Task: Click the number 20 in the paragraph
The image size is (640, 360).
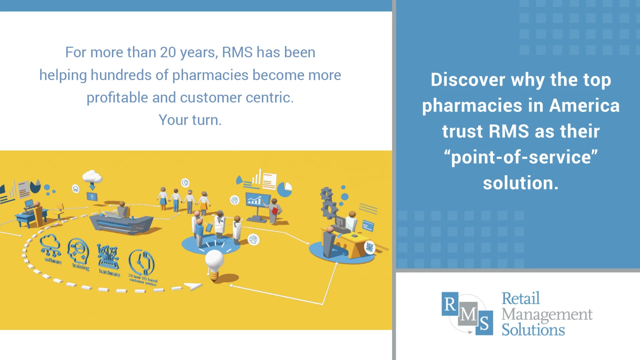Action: (168, 53)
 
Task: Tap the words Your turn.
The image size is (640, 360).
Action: (190, 120)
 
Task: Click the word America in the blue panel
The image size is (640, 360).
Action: (584, 106)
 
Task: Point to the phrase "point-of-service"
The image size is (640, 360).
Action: (521, 157)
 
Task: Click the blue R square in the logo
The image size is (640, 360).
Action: (450, 304)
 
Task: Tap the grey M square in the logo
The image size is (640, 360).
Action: (468, 314)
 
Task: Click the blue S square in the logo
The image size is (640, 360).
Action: (484, 323)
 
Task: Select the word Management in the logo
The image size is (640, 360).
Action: (547, 314)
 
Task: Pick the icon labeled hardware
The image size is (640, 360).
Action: (108, 257)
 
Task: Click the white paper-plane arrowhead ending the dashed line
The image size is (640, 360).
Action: (193, 286)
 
